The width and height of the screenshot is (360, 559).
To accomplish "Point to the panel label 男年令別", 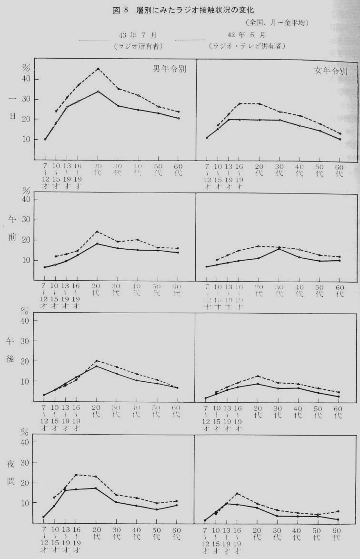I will pyautogui.click(x=169, y=68).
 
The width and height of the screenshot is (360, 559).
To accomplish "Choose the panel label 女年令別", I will pyautogui.click(x=331, y=71).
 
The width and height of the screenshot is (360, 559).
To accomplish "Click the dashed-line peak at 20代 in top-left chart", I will pyautogui.click(x=98, y=69).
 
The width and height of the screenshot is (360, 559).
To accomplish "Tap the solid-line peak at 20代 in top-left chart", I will pyautogui.click(x=98, y=91).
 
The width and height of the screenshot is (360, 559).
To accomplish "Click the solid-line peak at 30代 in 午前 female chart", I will pyautogui.click(x=279, y=249).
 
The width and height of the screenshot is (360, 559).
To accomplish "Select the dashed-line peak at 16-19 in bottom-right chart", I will pyautogui.click(x=237, y=493).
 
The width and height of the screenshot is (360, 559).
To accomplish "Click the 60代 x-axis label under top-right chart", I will pyautogui.click(x=339, y=170).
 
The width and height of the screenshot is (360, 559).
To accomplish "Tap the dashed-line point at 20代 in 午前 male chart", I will pyautogui.click(x=97, y=232).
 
